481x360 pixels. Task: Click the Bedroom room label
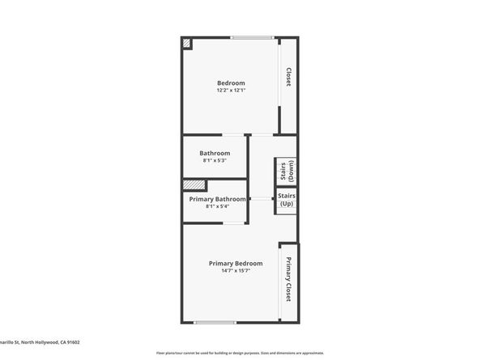[x=231, y=83]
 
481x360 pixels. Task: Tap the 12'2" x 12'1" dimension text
[x=231, y=91]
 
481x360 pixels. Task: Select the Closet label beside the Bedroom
[x=288, y=77]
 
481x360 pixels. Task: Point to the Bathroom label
[x=215, y=153]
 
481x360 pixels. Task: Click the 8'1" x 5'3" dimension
[x=215, y=160]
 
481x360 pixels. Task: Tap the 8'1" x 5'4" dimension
[x=215, y=206]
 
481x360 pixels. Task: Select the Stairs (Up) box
[x=287, y=199]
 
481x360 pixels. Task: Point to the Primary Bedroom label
[x=236, y=264]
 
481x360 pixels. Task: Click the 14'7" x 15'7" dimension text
[x=236, y=271]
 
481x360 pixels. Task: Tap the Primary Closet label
[x=288, y=280]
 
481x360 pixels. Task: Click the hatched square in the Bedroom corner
[x=186, y=43]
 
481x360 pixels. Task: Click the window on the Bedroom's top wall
[x=251, y=37]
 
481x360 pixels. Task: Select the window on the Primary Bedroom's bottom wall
[x=215, y=322]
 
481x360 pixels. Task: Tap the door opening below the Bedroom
[x=235, y=134]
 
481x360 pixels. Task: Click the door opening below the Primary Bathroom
[x=236, y=223]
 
